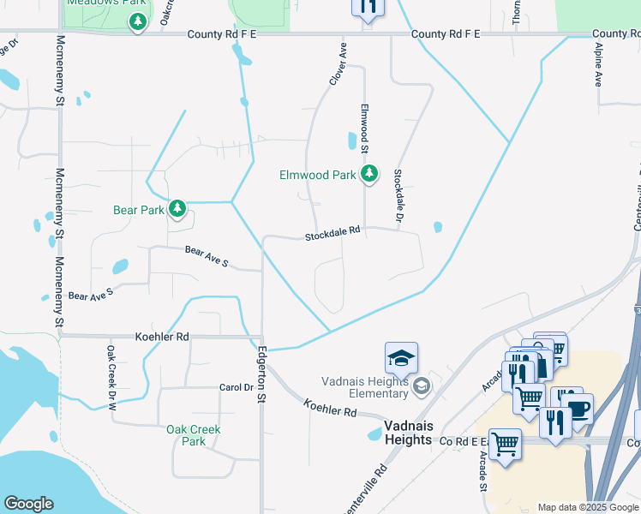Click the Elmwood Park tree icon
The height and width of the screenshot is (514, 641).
point(369,175)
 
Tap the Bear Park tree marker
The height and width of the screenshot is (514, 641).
point(177,209)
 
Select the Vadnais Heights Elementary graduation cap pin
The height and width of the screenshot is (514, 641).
point(401,357)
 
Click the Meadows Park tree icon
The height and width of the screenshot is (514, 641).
point(137,21)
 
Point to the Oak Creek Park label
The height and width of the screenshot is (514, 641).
point(194,435)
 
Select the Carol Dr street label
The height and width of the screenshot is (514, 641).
point(237,387)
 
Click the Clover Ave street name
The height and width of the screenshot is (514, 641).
point(338,63)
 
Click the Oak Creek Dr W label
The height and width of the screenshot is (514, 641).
point(111,376)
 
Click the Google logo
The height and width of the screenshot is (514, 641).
point(28,504)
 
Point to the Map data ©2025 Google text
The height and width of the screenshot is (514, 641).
point(589,507)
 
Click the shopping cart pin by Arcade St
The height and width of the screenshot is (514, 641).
point(506,445)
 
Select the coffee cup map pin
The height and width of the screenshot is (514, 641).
point(578,409)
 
